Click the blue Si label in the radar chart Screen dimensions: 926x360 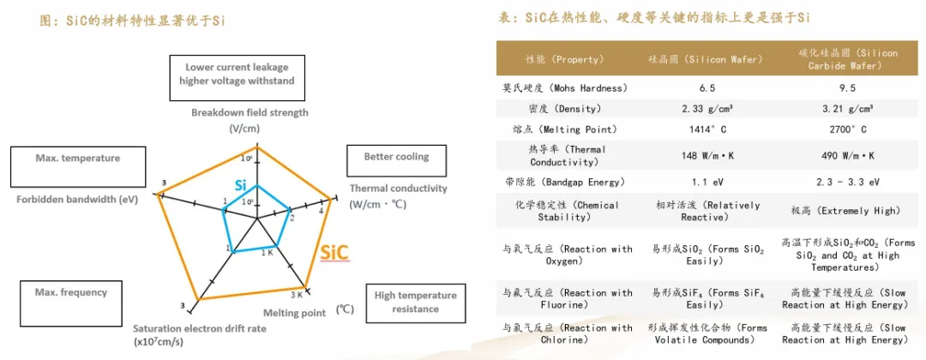241,185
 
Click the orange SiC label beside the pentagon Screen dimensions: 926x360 335,253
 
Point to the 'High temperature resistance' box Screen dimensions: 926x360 416,302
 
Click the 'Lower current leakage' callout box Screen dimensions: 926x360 237,74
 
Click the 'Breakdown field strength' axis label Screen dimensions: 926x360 250,112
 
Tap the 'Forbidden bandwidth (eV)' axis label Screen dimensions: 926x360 77,199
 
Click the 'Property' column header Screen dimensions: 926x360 564,60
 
